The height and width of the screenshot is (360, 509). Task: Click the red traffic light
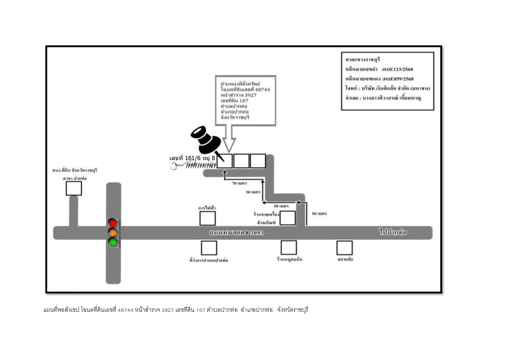point(113,223)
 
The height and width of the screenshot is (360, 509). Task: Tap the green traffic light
point(113,243)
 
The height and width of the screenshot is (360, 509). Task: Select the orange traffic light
point(113,233)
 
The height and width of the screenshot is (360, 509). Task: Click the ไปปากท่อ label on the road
point(393,233)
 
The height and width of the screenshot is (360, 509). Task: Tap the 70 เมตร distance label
point(239,184)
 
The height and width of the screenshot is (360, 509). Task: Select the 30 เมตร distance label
point(253,192)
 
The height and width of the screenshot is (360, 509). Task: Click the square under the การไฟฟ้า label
point(208,218)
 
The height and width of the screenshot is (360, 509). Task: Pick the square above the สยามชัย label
point(344,247)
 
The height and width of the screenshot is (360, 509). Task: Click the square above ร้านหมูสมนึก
point(289,247)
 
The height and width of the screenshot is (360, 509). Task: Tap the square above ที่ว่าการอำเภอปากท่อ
point(209,248)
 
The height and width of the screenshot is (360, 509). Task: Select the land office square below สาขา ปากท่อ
point(74,188)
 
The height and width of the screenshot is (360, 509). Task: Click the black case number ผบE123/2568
point(398,69)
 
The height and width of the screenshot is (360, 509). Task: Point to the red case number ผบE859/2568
point(398,79)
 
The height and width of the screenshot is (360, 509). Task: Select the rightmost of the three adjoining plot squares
point(258,161)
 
